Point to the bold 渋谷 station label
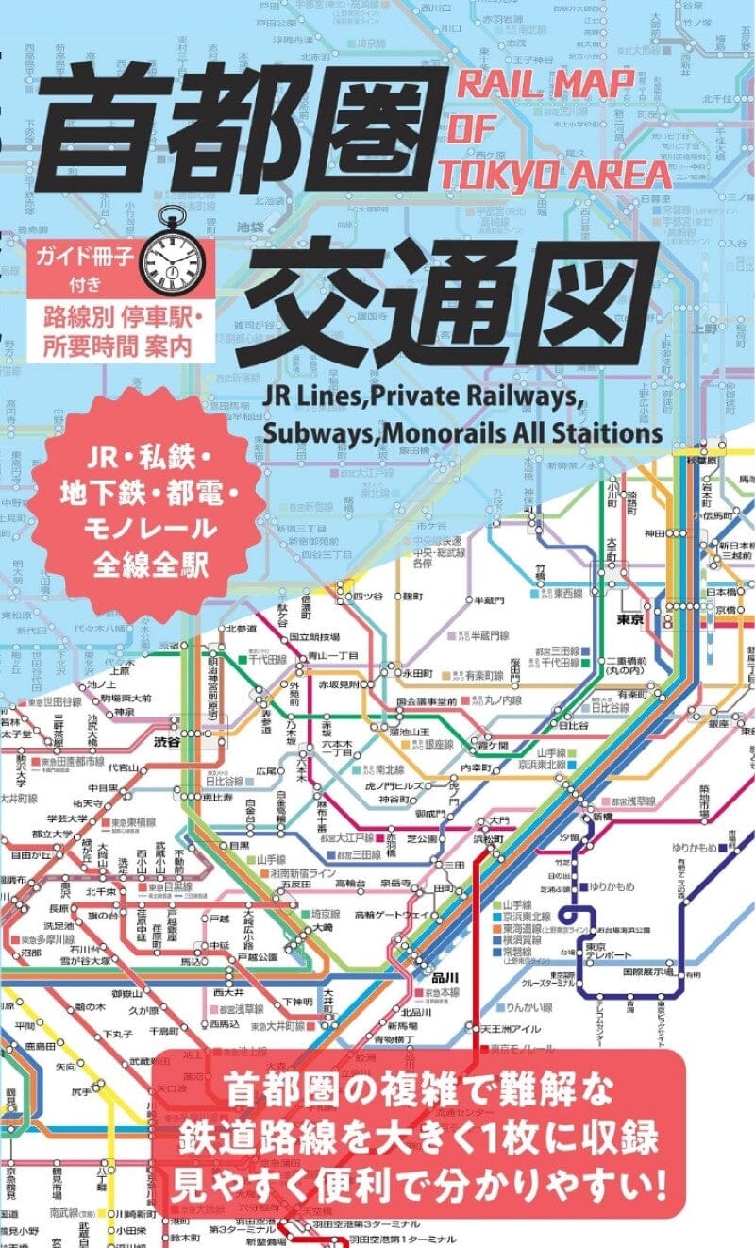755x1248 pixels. click(x=186, y=718)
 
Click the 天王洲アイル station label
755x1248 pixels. click(x=511, y=1029)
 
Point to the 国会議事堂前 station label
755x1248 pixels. click(x=427, y=701)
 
